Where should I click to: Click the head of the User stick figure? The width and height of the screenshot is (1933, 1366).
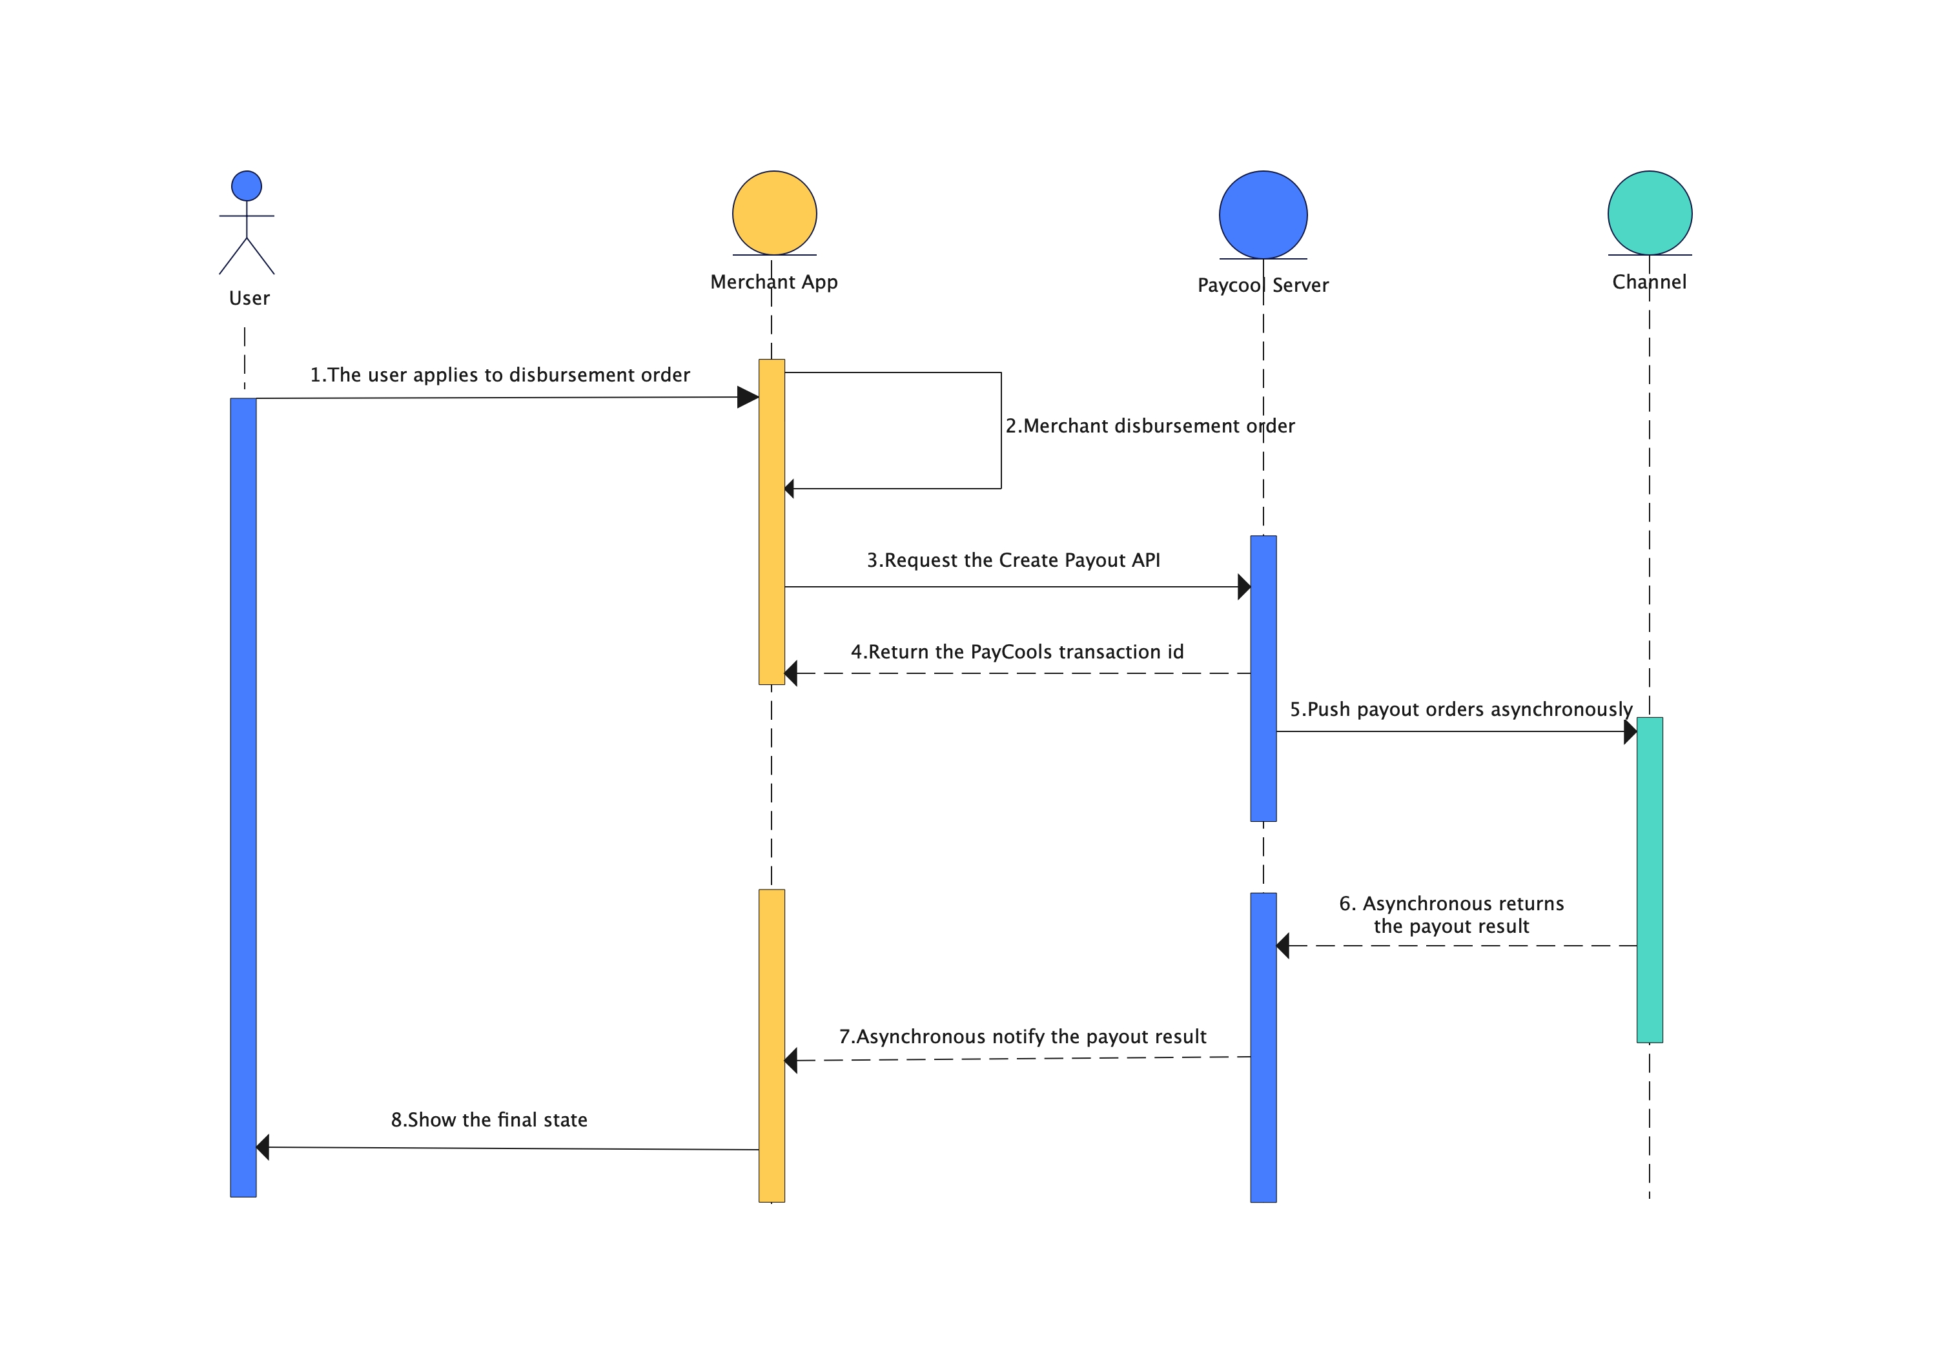(x=247, y=186)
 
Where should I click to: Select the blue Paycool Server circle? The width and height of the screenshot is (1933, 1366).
(x=1263, y=214)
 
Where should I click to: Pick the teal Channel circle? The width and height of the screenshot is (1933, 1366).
(x=1650, y=213)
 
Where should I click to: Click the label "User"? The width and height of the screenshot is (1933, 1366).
(x=249, y=298)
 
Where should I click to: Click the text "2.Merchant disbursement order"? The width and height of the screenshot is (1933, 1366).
(x=1149, y=426)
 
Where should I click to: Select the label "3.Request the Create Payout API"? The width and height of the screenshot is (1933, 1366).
(x=1013, y=560)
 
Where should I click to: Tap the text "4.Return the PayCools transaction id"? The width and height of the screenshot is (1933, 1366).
(x=1016, y=651)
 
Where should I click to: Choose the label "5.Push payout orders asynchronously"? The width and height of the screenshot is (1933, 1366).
(x=1460, y=709)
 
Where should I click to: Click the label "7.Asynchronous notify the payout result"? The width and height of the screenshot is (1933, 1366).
(x=1022, y=1036)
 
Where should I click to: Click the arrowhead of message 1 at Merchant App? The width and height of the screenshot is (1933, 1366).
(x=748, y=397)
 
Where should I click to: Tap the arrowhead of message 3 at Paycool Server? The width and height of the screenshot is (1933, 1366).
(x=1243, y=587)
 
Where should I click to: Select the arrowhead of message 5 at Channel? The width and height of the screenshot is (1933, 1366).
(x=1630, y=731)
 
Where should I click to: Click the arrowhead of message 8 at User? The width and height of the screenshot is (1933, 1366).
(x=263, y=1147)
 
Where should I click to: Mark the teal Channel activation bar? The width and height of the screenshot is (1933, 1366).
(x=1650, y=879)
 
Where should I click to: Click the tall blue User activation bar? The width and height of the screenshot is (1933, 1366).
(x=243, y=797)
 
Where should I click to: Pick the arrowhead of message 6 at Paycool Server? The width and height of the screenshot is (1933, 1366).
(x=1283, y=946)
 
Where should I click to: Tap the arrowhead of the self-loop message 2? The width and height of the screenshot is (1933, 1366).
(x=789, y=488)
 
